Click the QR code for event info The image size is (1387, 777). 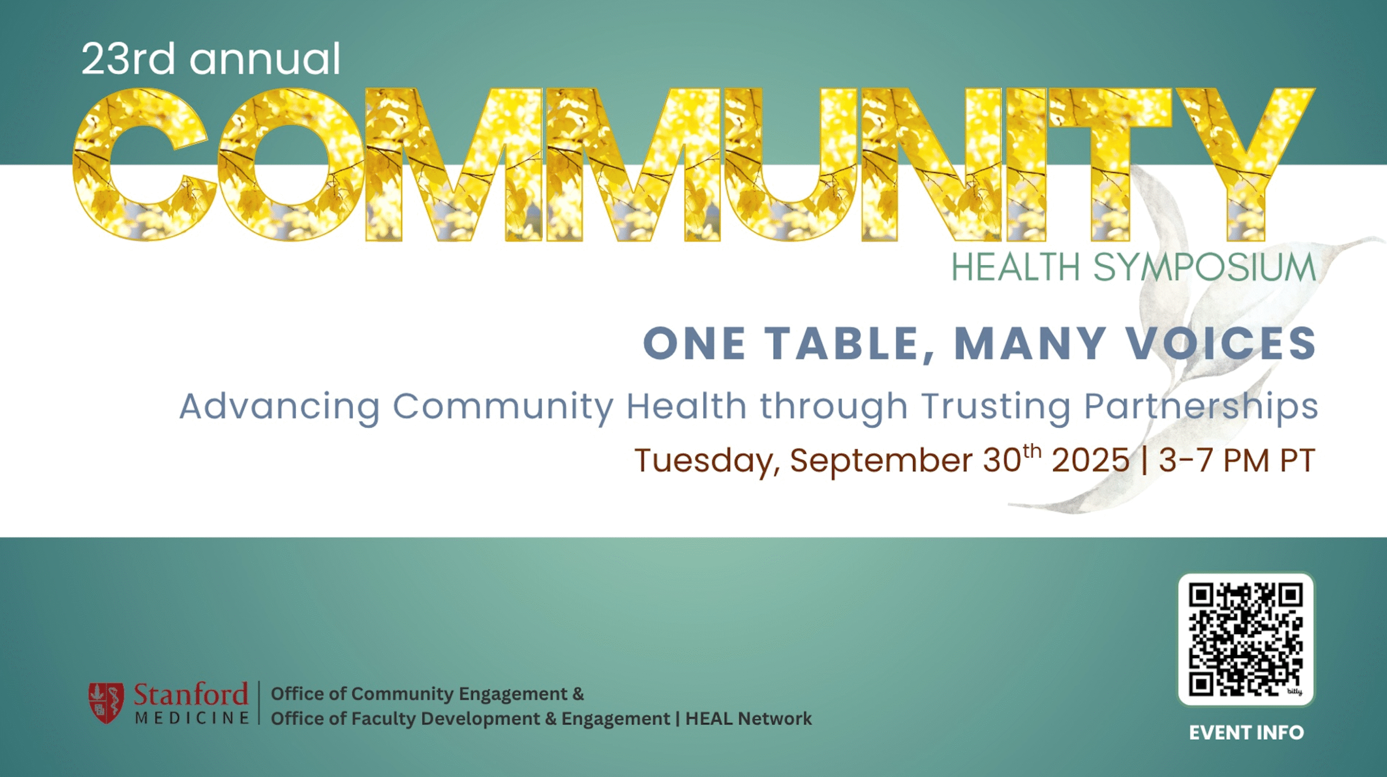pyautogui.click(x=1246, y=639)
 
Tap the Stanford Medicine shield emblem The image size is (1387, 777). pyautogui.click(x=106, y=703)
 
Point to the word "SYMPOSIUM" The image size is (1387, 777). pyautogui.click(x=1204, y=267)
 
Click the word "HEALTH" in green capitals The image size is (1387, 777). pyautogui.click(x=1016, y=267)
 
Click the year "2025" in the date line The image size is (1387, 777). pyautogui.click(x=1091, y=460)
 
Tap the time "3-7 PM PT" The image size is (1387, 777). pyautogui.click(x=1237, y=460)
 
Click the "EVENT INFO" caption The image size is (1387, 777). pyautogui.click(x=1246, y=733)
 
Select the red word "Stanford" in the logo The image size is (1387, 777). pyautogui.click(x=191, y=694)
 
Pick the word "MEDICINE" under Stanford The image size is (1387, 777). pyautogui.click(x=192, y=718)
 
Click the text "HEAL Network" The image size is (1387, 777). pyautogui.click(x=749, y=719)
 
